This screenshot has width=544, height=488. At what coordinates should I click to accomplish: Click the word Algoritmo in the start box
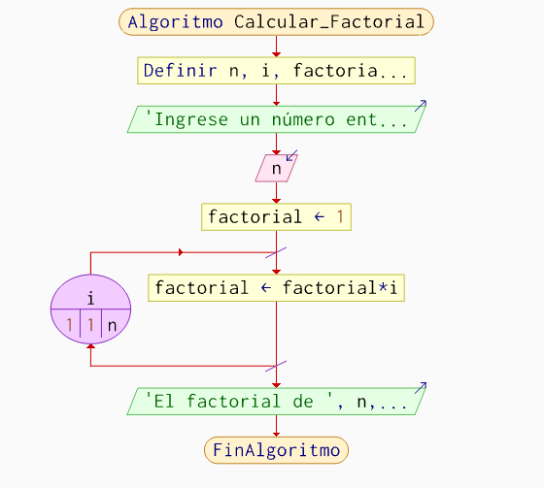pyautogui.click(x=175, y=22)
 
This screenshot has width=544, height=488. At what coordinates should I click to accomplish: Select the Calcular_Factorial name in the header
pyautogui.click(x=329, y=22)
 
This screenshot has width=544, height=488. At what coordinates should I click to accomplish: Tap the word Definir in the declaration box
pyautogui.click(x=181, y=71)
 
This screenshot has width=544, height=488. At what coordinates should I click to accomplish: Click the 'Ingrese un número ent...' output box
pyautogui.click(x=277, y=119)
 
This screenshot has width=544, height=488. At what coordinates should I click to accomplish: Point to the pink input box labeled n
pyautogui.click(x=277, y=168)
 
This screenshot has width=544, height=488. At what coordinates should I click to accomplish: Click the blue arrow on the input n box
pyautogui.click(x=291, y=155)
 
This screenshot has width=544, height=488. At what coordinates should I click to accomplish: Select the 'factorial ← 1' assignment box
pyautogui.click(x=276, y=217)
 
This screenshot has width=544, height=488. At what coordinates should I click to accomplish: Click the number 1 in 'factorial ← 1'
pyautogui.click(x=340, y=217)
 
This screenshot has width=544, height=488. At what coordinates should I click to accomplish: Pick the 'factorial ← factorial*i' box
pyautogui.click(x=276, y=288)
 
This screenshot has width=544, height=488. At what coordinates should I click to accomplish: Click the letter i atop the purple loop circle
pyautogui.click(x=91, y=298)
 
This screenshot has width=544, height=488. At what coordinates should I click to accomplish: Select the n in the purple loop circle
pyautogui.click(x=112, y=326)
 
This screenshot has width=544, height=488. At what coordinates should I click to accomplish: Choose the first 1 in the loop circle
pyautogui.click(x=69, y=325)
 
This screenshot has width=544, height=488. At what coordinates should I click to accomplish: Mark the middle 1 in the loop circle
pyautogui.click(x=90, y=325)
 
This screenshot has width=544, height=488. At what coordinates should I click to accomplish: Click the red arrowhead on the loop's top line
pyautogui.click(x=181, y=252)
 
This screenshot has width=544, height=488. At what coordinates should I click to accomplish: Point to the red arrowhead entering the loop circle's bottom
pyautogui.click(x=91, y=346)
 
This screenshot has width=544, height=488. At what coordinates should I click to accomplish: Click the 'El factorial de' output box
pyautogui.click(x=277, y=402)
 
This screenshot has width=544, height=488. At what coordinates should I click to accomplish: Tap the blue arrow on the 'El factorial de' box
pyautogui.click(x=421, y=388)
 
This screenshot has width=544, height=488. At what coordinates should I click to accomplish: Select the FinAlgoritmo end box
pyautogui.click(x=276, y=450)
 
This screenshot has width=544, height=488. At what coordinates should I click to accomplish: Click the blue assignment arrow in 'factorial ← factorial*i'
pyautogui.click(x=266, y=288)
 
